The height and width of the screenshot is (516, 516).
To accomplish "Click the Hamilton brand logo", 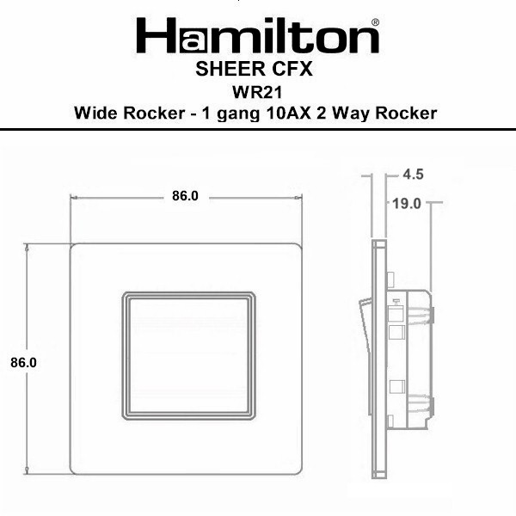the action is point(258,35).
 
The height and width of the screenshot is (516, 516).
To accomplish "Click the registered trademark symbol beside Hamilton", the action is point(375,22).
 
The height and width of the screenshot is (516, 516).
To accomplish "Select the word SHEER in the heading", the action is point(230,69).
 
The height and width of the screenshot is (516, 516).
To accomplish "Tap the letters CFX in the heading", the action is point(292,69).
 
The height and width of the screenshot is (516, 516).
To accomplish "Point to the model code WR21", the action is point(257,92).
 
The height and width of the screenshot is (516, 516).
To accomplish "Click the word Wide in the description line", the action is point(95,113).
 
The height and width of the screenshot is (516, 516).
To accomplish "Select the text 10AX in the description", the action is point(289,113).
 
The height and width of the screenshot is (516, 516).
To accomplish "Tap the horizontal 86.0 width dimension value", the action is point(185,196).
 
